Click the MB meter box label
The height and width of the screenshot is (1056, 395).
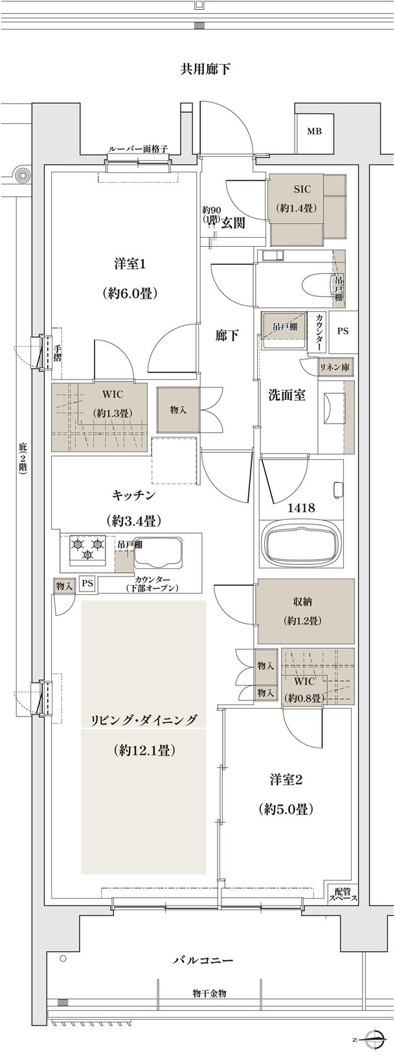(x=314, y=132)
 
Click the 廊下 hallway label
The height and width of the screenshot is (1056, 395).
(x=227, y=336)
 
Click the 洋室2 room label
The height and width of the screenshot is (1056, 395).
(x=286, y=779)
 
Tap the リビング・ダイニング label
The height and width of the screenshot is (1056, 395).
(x=144, y=719)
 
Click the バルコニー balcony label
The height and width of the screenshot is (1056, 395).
(x=203, y=959)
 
